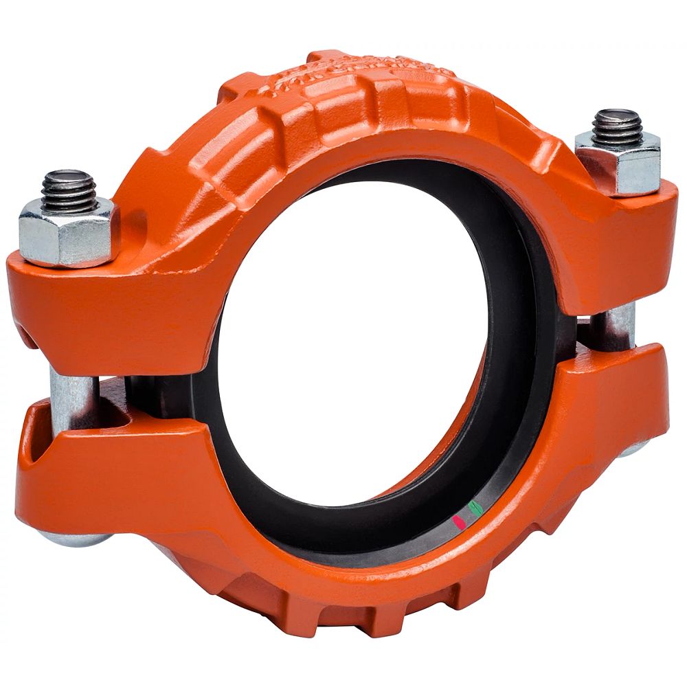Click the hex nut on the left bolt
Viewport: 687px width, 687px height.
tap(69, 231)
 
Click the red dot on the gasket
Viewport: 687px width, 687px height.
tap(460, 522)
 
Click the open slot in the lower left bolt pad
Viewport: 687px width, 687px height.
tap(34, 440)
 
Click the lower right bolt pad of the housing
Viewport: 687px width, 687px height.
tap(611, 405)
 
